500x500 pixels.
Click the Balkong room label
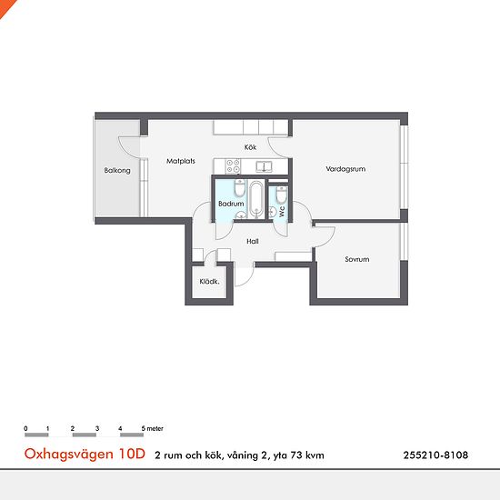pos(117,171)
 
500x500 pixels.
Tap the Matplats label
pos(181,161)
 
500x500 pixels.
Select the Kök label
pos(251,146)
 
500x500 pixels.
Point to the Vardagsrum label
pos(345,168)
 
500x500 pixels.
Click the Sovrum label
pos(356,259)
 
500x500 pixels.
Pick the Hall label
pos(253,241)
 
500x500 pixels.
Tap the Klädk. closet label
pos(209,282)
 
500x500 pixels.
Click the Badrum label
pos(231,205)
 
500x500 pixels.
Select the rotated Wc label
pos(283,209)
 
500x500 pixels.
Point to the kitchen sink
pos(265,166)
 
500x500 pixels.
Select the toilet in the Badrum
pos(239,189)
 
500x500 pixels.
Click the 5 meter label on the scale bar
pos(152,427)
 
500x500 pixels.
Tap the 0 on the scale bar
pos(26,427)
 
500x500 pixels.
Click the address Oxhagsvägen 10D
pos(84,455)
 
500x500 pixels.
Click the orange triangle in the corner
pos(5,5)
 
